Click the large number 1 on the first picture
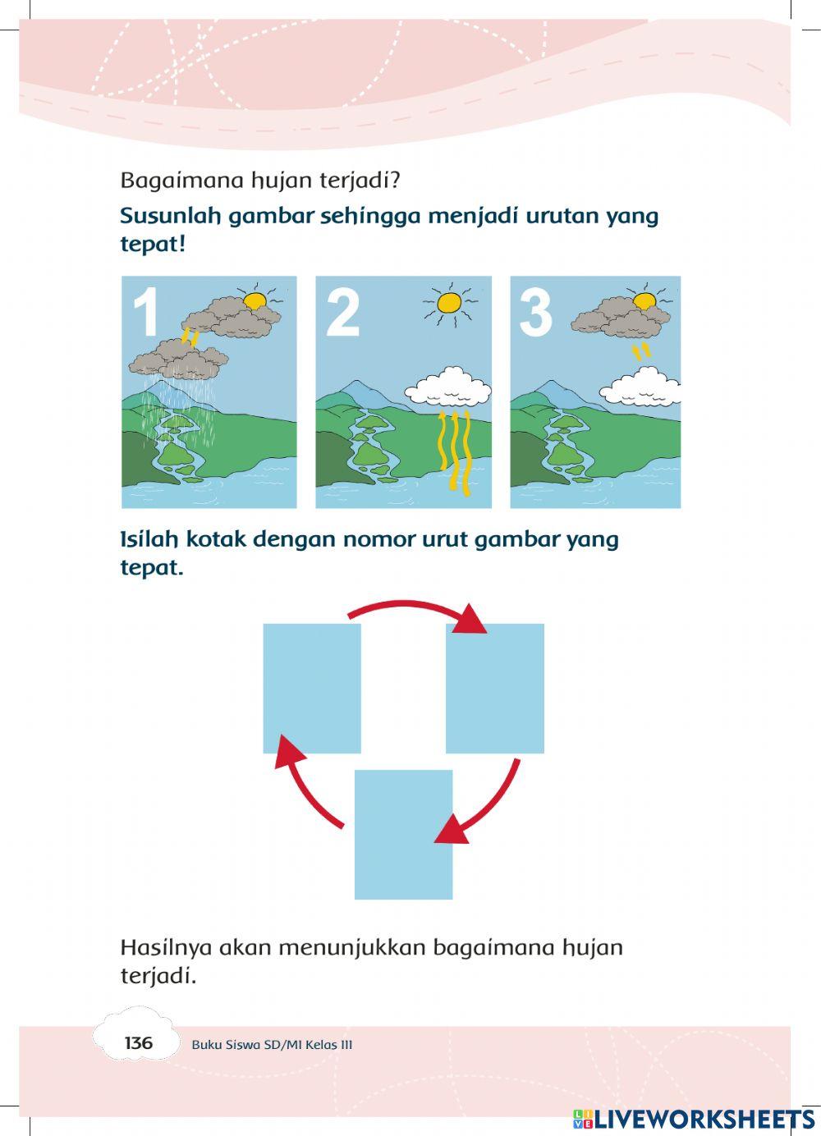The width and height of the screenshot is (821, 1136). [x=145, y=313]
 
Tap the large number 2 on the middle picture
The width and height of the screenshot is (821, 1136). [x=342, y=313]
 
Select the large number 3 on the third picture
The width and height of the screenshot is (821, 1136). [x=536, y=313]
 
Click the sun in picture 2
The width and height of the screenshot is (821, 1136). [x=449, y=303]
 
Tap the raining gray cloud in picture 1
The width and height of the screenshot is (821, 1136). [x=178, y=360]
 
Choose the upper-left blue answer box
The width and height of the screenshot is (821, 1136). [x=311, y=688]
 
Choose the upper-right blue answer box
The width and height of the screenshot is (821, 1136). [x=494, y=688]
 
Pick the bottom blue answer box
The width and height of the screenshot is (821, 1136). [x=403, y=834]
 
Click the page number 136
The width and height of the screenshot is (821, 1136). [x=138, y=1043]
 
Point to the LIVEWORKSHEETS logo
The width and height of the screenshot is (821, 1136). [x=694, y=1120]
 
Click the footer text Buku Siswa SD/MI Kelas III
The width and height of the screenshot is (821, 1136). [x=272, y=1045]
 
